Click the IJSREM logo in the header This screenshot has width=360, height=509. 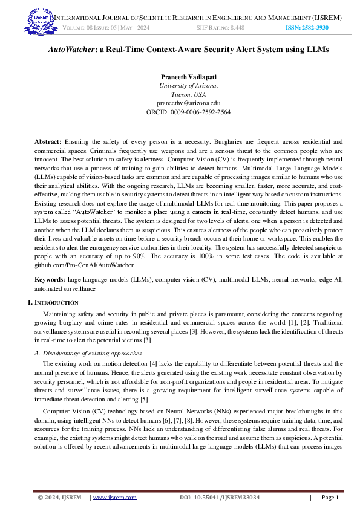pyautogui.click(x=38, y=21)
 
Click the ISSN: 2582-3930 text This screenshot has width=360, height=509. pyautogui.click(x=307, y=28)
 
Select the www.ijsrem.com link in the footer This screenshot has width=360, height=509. pyautogui.click(x=114, y=498)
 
